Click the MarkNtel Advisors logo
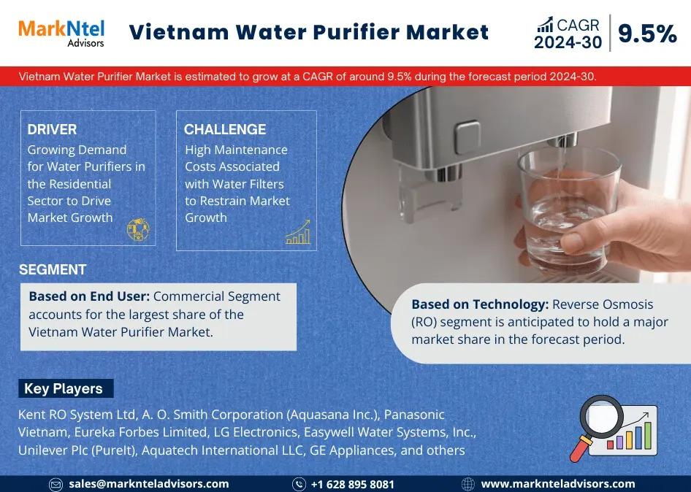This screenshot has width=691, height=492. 61,33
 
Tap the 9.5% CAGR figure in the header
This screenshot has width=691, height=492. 647,34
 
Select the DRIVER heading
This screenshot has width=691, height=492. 52,129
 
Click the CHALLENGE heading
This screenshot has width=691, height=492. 225,129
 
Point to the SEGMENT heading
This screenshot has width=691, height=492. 53,269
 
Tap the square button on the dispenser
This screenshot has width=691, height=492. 467,137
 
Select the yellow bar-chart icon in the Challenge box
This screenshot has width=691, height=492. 298,232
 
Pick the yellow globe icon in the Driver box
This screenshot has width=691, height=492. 138,229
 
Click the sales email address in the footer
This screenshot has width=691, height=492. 148,484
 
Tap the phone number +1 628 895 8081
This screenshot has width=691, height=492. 352,484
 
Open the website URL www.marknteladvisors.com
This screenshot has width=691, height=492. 558,484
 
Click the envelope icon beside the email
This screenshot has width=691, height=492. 56,485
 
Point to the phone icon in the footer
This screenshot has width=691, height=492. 299,484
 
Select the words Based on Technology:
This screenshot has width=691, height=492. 480,304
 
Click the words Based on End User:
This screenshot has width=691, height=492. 89,296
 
